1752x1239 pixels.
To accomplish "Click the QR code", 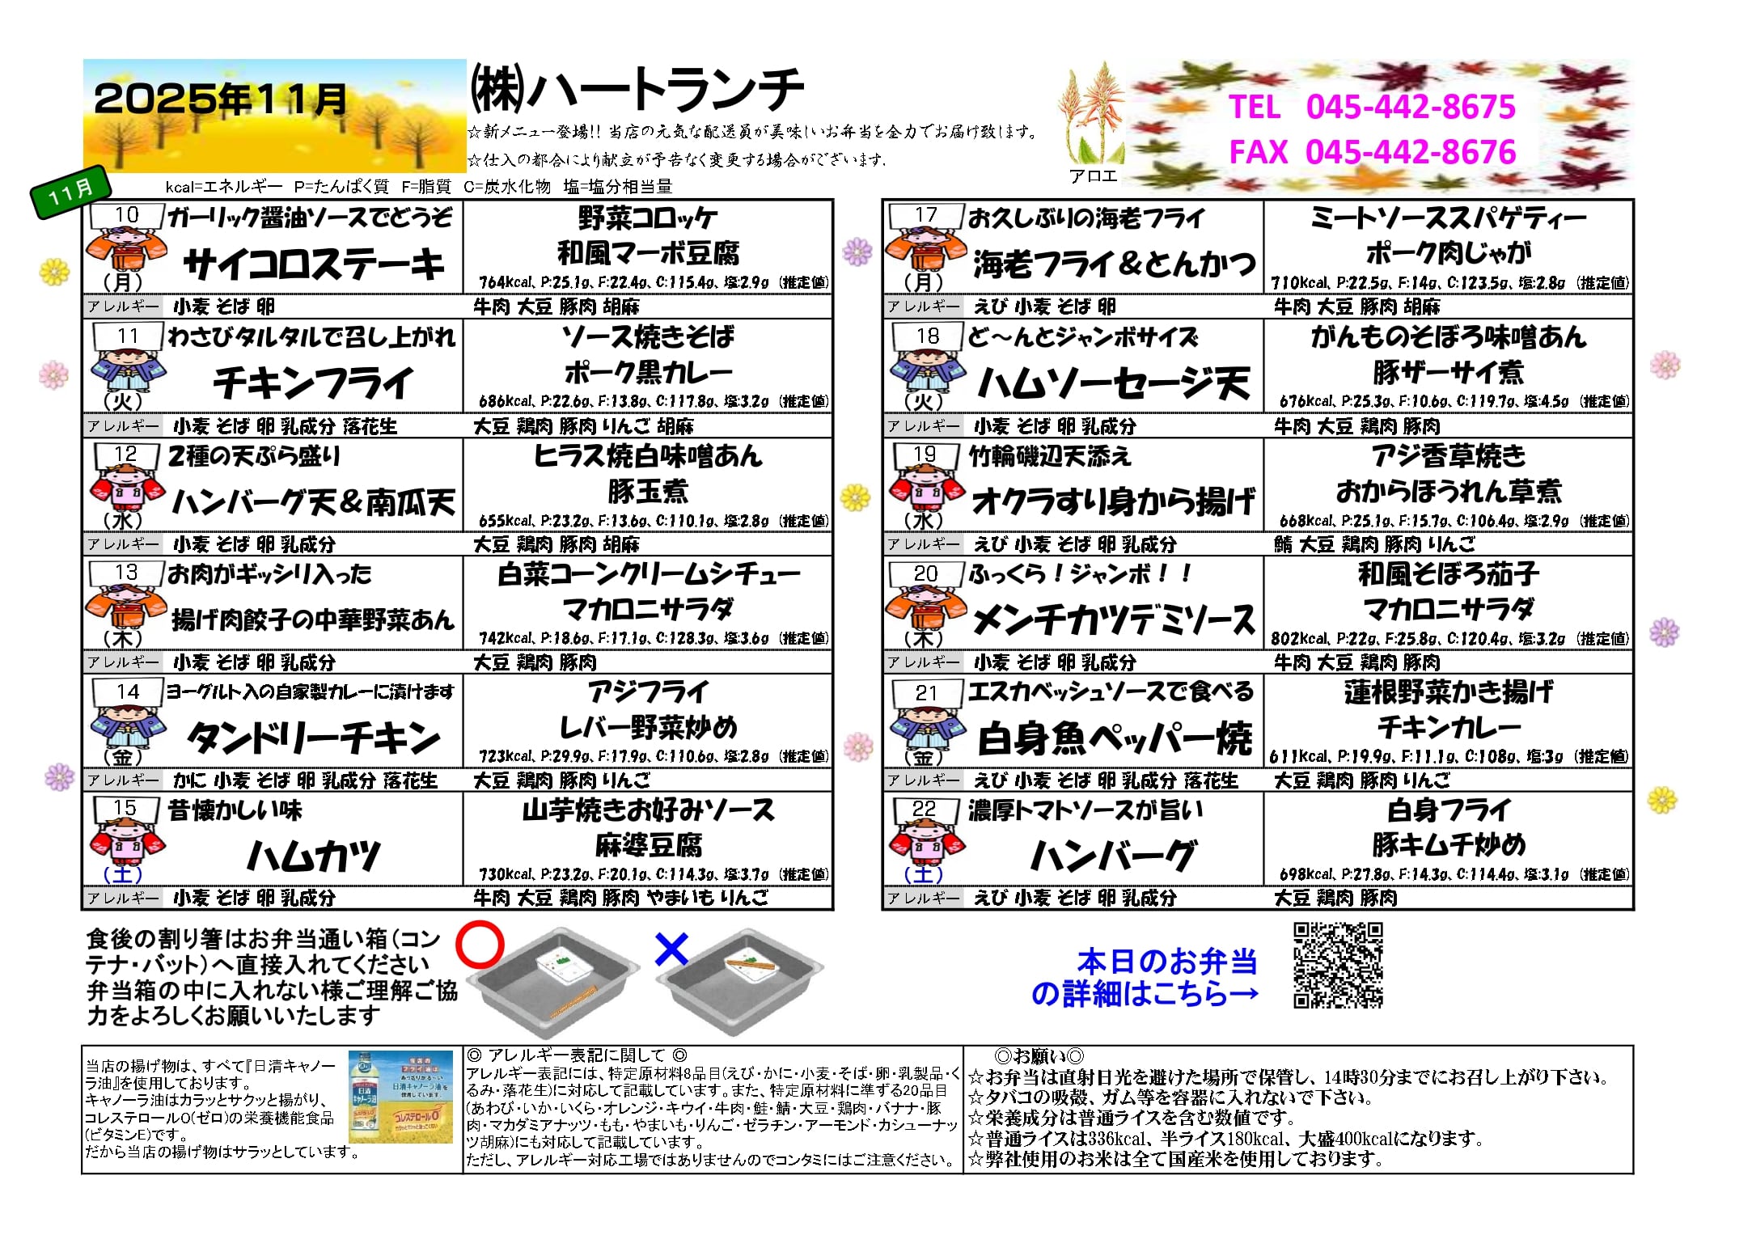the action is pyautogui.click(x=1338, y=966).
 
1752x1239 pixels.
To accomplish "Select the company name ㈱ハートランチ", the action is pyautogui.click(x=637, y=89).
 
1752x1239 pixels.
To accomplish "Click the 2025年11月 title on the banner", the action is pyautogui.click(x=221, y=99).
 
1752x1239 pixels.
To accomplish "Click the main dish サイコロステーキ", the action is pyautogui.click(x=314, y=264).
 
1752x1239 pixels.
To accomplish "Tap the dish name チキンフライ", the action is pyautogui.click(x=313, y=383).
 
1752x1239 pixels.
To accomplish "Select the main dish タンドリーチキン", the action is pyautogui.click(x=314, y=738).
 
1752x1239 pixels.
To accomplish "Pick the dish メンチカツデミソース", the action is pyautogui.click(x=1113, y=620).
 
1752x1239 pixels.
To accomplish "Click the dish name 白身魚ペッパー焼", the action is pyautogui.click(x=1115, y=738).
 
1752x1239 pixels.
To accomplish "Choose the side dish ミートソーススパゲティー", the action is pyautogui.click(x=1448, y=218).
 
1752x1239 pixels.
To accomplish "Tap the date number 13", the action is pyautogui.click(x=126, y=573).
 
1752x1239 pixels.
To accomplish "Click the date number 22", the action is pyautogui.click(x=925, y=809).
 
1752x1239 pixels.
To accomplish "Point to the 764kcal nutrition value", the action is pyautogui.click(x=506, y=282).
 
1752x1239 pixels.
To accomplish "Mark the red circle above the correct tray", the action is pyautogui.click(x=480, y=945).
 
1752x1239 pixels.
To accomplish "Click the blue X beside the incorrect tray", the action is pyautogui.click(x=671, y=949).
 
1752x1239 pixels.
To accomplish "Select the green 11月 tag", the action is pyautogui.click(x=71, y=192).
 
